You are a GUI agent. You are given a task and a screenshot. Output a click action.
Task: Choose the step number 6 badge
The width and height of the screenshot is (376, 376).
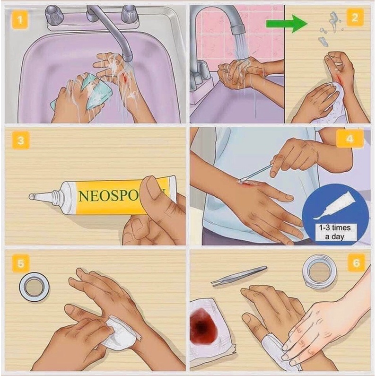click(356, 263)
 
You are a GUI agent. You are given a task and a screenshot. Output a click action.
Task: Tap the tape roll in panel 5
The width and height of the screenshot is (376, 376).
click(35, 287)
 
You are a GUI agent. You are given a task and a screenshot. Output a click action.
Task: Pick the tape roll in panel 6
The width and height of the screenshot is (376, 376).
click(319, 271)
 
